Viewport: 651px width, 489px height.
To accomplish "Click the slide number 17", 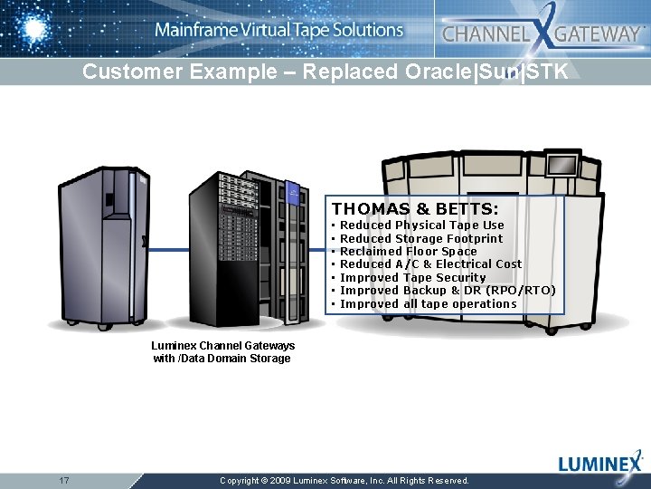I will (64, 480).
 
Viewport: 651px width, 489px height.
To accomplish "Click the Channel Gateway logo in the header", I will (542, 34).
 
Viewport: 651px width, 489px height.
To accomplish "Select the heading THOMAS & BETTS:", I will (415, 208).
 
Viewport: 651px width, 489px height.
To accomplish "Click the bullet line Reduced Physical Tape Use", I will (421, 225).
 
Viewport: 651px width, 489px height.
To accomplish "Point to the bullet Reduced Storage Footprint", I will (420, 239).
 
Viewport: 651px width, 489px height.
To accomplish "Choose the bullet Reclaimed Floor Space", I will (408, 252).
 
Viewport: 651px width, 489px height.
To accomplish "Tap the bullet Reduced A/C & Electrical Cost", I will (430, 264).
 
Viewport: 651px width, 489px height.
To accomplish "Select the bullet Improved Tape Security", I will (412, 278).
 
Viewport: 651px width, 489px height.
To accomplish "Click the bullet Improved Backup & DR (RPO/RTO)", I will (447, 291).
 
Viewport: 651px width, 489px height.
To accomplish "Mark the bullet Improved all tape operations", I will (428, 304).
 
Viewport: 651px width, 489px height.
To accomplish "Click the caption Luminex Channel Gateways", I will (222, 346).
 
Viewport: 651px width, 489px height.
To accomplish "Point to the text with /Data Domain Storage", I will (222, 359).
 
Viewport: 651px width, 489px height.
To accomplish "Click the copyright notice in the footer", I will (344, 481).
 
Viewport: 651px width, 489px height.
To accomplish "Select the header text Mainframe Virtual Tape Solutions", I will (278, 30).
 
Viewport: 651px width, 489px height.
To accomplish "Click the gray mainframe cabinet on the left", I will (101, 244).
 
